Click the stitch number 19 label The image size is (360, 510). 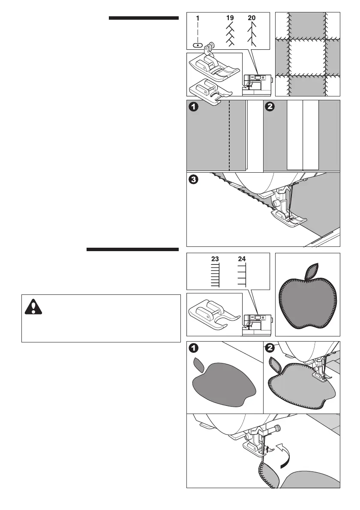point(231,19)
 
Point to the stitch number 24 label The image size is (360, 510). point(242,259)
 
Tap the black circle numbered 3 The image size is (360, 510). point(194,180)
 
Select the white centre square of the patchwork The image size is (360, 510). point(307,57)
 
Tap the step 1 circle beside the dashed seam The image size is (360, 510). point(194,108)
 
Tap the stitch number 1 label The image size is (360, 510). point(198,19)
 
